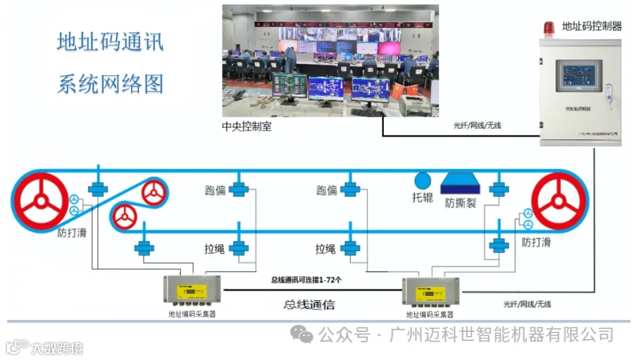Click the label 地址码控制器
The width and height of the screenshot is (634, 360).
pyautogui.click(x=592, y=27)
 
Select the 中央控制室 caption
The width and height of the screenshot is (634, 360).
pyautogui.click(x=246, y=126)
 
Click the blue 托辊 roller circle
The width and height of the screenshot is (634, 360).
pyautogui.click(x=423, y=180)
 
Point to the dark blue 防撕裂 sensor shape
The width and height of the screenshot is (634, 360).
pyautogui.click(x=460, y=184)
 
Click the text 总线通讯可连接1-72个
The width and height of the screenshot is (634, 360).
pyautogui.click(x=306, y=280)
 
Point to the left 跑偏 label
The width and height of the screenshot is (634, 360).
pyautogui.click(x=215, y=190)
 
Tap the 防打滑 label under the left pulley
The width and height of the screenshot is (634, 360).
pyautogui.click(x=72, y=232)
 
